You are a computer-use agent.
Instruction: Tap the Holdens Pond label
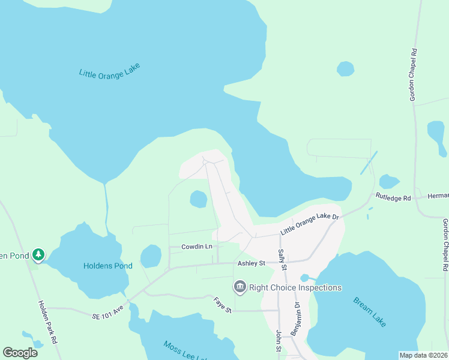click(107, 266)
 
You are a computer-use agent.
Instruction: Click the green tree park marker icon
click(38, 255)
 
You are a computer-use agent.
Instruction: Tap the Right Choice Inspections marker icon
click(240, 287)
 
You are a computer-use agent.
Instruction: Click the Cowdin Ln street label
click(197, 247)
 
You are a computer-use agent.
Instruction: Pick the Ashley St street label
click(251, 263)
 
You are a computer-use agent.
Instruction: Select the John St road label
click(279, 340)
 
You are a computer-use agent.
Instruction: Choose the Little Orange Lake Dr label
click(310, 224)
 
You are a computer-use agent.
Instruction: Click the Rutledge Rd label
click(393, 197)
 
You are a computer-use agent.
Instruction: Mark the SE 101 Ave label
click(107, 314)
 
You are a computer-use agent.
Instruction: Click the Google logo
click(20, 353)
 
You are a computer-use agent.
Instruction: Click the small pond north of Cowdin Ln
click(199, 199)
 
